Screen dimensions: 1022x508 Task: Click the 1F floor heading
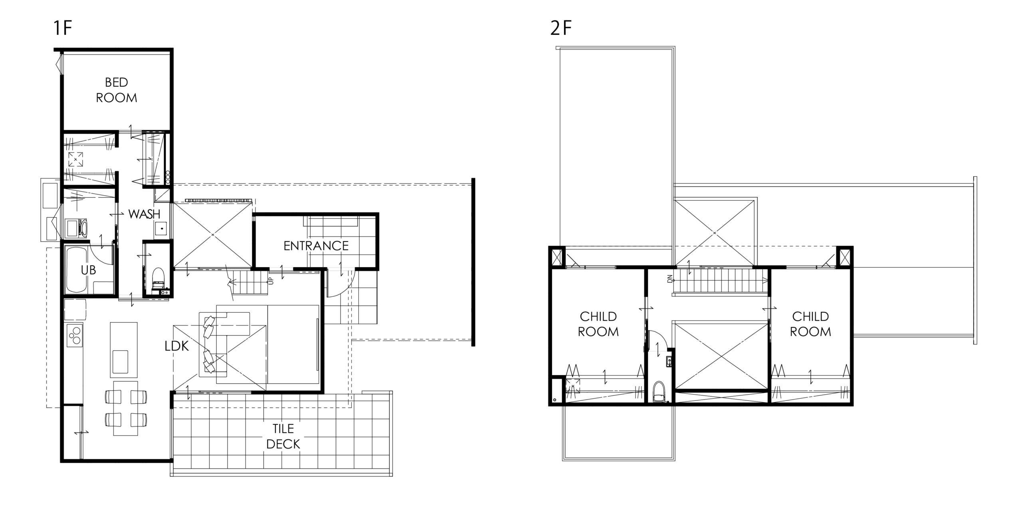[62, 28]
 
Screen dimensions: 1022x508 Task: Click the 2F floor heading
[561, 28]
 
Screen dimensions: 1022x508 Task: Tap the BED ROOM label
[116, 90]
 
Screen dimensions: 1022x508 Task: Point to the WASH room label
[144, 214]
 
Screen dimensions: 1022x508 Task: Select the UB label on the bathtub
[88, 270]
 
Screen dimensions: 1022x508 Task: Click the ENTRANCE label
[316, 246]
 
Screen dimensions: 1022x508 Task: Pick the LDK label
[176, 346]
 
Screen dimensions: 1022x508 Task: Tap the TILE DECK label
[283, 436]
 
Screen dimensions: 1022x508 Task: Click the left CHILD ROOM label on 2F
[598, 324]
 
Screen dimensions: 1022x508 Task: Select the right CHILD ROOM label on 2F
[810, 324]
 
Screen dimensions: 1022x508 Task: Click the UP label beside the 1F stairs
[271, 281]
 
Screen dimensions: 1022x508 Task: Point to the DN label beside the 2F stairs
[670, 279]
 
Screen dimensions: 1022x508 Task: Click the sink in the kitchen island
[120, 361]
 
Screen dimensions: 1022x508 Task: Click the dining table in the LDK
[125, 408]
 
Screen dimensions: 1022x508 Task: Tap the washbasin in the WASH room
[161, 228]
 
